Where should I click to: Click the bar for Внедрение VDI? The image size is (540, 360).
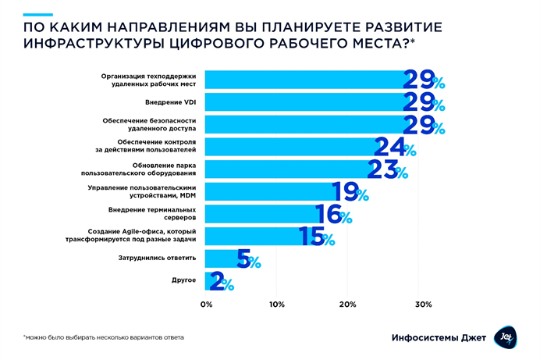304,102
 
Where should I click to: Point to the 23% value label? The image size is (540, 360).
387,169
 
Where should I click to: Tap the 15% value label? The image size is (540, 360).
317,237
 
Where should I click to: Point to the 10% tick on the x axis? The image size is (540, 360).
276,304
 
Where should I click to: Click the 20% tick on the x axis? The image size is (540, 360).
348,304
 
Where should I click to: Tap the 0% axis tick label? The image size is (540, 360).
207,304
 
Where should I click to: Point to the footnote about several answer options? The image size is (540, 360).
105,337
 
